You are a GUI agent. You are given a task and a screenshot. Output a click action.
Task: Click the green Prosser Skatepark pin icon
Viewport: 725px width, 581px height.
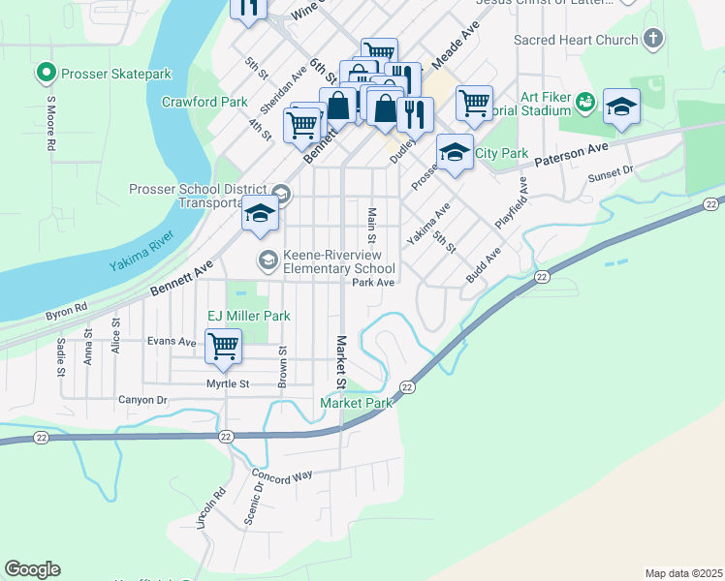coord(45,73)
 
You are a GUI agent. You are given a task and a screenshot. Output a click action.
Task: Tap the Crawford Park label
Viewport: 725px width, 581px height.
coord(205,101)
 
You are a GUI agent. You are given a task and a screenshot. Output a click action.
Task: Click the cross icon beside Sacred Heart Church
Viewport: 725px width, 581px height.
coord(654,40)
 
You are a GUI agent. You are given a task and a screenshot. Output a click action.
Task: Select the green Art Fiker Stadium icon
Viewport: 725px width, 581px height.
coord(584,101)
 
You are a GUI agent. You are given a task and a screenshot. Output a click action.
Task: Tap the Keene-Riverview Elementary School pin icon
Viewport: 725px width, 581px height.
coord(267,260)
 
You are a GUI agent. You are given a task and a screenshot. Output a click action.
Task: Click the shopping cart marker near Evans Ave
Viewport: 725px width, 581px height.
coord(224,346)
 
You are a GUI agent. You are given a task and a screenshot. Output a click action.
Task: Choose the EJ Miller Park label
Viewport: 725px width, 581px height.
coord(249,316)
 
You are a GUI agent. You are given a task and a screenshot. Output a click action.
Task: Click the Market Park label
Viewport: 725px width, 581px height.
coord(356,403)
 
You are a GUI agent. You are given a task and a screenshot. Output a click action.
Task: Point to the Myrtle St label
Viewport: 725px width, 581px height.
coord(229,384)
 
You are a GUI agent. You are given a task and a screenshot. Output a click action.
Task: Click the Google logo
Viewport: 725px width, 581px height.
coord(32,569)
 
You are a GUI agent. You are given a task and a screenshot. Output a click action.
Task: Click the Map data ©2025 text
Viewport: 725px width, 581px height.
coord(682,573)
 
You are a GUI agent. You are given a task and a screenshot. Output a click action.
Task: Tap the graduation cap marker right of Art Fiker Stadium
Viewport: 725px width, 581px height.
coord(621,107)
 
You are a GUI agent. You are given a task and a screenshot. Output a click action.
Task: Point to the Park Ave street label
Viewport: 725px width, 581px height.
coord(373,283)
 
